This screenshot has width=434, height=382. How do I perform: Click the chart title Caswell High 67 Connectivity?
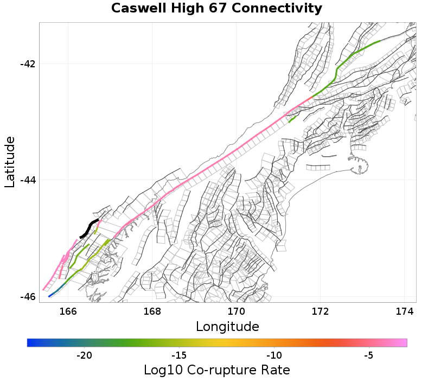pyautogui.click(x=216, y=8)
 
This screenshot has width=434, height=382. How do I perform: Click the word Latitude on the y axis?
pyautogui.click(x=10, y=162)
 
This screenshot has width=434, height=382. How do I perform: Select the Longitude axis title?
pyautogui.click(x=227, y=327)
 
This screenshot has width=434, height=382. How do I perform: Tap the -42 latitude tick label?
pyautogui.click(x=28, y=63)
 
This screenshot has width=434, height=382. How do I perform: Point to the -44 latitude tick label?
pyautogui.click(x=28, y=180)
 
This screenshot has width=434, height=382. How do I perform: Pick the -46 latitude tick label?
pyautogui.click(x=28, y=297)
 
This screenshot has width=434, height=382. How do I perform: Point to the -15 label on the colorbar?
pyautogui.click(x=178, y=355)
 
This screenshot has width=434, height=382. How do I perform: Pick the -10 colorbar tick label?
pyautogui.click(x=273, y=355)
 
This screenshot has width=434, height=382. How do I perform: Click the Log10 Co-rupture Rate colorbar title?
pyautogui.click(x=216, y=370)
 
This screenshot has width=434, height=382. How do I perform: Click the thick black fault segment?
pyautogui.click(x=89, y=228)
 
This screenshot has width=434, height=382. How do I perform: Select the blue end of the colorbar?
pyautogui.click(x=30, y=342)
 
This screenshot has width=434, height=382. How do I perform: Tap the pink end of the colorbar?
pyautogui.click(x=404, y=342)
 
